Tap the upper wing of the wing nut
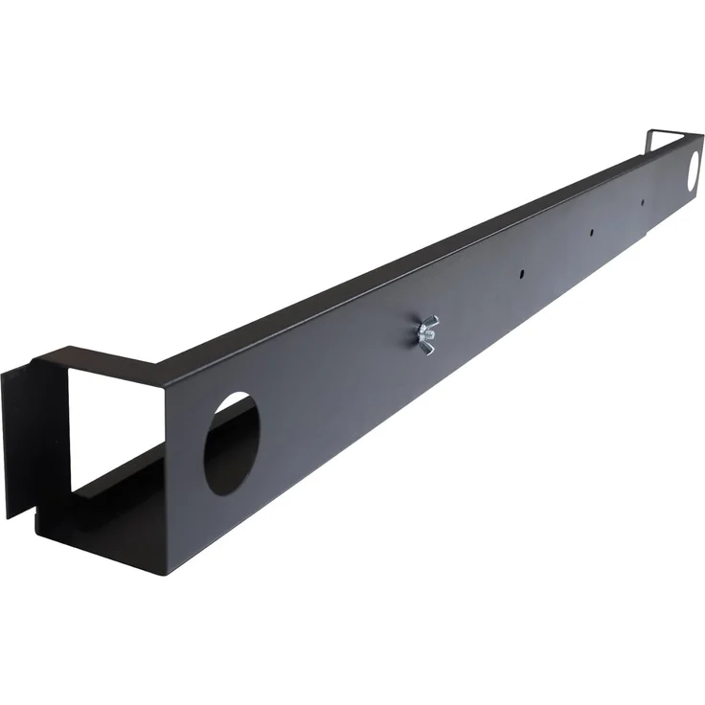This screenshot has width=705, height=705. coord(431,320)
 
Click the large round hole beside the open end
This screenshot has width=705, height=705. coord(232,445)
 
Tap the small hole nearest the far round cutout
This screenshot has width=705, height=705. coord(643,202)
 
